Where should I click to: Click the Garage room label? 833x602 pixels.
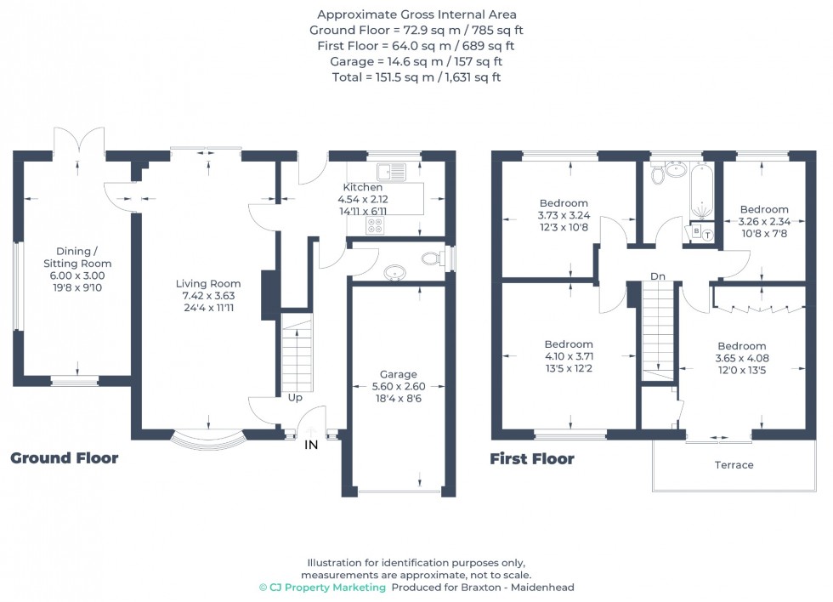pos(398,374)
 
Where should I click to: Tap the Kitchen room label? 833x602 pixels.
pos(363,187)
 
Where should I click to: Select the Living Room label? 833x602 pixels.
pos(208,283)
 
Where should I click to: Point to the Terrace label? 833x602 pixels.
pos(734,465)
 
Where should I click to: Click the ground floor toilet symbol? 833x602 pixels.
pos(433,258)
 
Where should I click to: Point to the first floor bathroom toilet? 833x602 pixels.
pos(657,175)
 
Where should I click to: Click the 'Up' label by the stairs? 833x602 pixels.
pos(295,397)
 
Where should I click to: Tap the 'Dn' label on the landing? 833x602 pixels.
pos(658,276)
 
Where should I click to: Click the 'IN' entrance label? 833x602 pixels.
pos(311,444)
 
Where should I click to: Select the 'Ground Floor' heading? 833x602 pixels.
pos(64,459)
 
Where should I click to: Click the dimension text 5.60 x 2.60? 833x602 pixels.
pos(398,386)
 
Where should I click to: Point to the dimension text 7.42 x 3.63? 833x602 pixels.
pos(208,296)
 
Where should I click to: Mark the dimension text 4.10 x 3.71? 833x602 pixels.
pos(569,356)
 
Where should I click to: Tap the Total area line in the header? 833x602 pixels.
pos(416,77)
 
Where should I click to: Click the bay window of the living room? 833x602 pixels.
pos(209,441)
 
